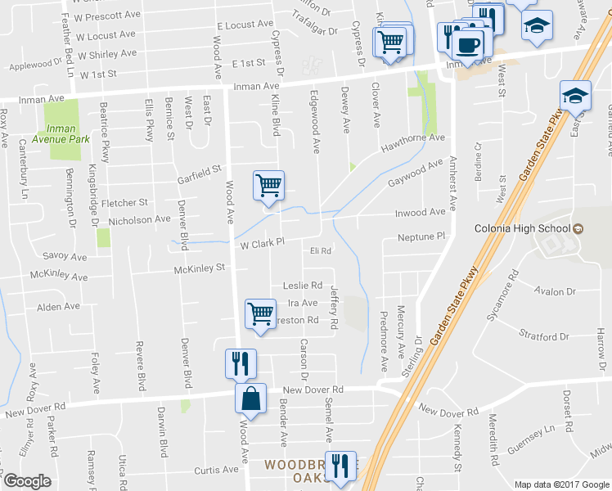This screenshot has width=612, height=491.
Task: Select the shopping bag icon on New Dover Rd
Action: (252, 399)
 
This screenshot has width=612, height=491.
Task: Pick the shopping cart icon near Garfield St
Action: (268, 186)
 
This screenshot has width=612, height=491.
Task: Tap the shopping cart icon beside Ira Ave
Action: (260, 313)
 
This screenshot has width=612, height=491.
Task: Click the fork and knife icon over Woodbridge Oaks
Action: (341, 466)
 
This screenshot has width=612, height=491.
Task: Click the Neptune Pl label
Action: (420, 236)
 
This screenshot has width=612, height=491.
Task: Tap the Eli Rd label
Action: (320, 250)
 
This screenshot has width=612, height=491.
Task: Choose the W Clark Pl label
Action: (261, 243)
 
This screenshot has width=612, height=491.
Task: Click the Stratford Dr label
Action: (544, 336)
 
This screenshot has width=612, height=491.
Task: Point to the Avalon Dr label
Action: (555, 291)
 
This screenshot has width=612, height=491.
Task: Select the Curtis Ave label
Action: (216, 470)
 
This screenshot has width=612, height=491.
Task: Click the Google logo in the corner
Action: (27, 481)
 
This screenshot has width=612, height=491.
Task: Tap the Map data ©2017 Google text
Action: (561, 484)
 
